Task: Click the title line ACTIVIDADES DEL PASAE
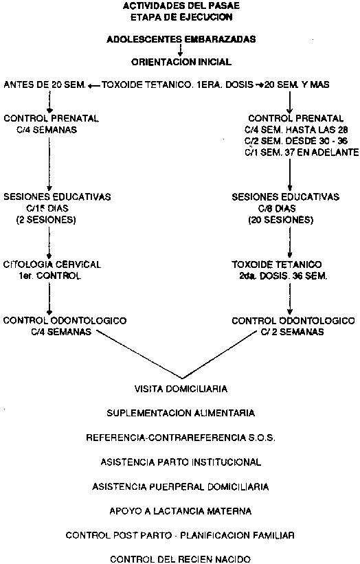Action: tap(181, 5)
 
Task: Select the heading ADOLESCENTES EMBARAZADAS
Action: tap(181, 39)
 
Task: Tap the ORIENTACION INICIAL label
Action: tap(181, 62)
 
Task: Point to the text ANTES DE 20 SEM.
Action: tap(45, 85)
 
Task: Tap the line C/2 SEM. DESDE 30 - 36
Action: tap(296, 141)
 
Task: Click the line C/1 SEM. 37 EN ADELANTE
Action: tap(302, 152)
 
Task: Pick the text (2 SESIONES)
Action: tap(46, 220)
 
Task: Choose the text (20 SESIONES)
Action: tap(281, 220)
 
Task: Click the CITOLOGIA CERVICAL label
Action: tap(52, 264)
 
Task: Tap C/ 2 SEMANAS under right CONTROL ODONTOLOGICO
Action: tap(293, 332)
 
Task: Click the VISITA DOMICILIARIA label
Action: tap(181, 389)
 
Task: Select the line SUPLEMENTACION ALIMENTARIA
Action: tap(181, 413)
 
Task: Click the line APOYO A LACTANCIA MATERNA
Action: tap(181, 511)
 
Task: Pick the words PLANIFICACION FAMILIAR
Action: tap(237, 536)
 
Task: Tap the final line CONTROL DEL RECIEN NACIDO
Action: tap(181, 559)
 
